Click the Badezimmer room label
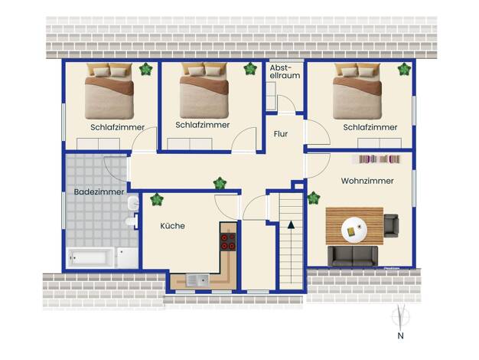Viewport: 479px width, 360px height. tap(99, 191)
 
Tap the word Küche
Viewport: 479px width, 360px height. tap(173, 226)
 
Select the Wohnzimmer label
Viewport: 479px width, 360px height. tap(367, 181)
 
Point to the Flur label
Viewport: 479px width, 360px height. tap(281, 134)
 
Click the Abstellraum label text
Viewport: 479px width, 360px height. tap(285, 71)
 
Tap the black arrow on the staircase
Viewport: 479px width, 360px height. tap(291, 225)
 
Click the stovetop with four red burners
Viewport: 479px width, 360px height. tap(228, 241)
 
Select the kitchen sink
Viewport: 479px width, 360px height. tap(197, 280)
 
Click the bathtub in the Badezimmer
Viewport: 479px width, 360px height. tap(90, 258)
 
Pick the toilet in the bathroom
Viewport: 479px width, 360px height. tap(132, 221)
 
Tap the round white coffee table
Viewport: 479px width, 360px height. tap(354, 230)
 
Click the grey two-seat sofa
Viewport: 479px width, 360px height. tap(353, 256)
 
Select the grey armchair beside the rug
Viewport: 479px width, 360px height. tap(391, 226)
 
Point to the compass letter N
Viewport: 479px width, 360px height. tap(400, 335)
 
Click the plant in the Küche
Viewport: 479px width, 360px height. tap(157, 199)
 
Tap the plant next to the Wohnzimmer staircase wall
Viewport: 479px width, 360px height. tap(314, 198)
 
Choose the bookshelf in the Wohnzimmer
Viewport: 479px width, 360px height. tap(379, 159)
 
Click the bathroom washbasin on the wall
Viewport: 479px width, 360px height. tap(133, 203)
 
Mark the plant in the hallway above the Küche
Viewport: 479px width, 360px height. tap(220, 183)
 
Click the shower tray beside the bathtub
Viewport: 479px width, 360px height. tap(127, 257)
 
